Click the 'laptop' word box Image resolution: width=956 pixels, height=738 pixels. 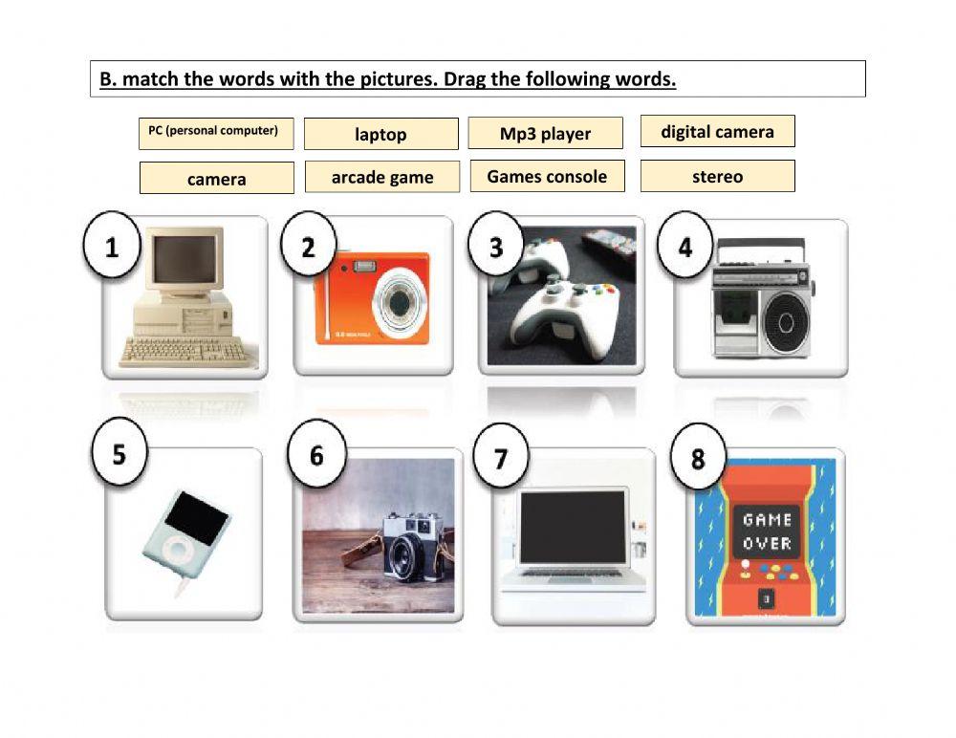(x=380, y=135)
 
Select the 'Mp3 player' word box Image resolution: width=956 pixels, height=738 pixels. (x=545, y=134)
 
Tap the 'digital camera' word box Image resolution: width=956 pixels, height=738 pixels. (x=717, y=132)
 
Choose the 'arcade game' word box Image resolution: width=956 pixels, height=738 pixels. (x=382, y=177)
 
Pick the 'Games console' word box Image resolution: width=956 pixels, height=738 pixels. (x=547, y=176)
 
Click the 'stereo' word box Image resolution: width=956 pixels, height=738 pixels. (x=717, y=176)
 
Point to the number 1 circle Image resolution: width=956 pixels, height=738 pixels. (x=113, y=248)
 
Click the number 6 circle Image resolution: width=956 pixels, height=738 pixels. (x=316, y=455)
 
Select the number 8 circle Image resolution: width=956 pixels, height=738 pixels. (x=698, y=459)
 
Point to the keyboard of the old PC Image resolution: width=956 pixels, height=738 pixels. (x=182, y=351)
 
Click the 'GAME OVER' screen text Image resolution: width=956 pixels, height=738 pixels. (x=767, y=532)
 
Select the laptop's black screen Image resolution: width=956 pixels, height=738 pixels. (x=573, y=528)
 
